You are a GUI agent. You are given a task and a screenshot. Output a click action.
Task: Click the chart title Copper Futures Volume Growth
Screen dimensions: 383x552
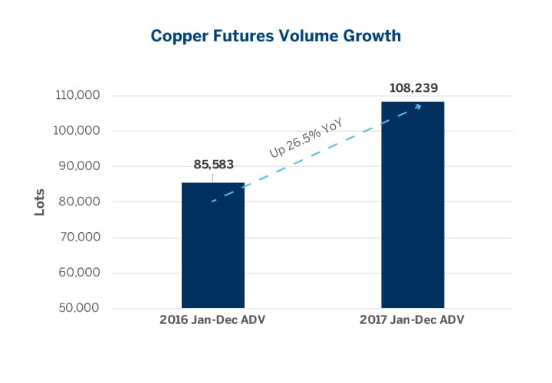[x=276, y=36]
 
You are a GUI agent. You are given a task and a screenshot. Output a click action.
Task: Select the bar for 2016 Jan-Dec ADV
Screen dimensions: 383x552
[x=212, y=245]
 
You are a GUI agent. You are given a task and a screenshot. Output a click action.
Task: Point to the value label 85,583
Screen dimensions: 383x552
[x=212, y=164]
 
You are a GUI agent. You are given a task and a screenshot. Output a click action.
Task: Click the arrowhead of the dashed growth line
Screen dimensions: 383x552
[x=419, y=105]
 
